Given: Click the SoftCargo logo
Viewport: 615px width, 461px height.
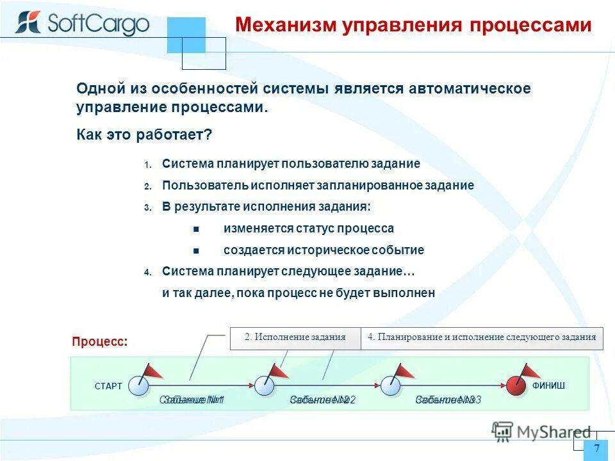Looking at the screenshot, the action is (82, 24).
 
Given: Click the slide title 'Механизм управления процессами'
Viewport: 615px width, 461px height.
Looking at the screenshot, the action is (413, 25).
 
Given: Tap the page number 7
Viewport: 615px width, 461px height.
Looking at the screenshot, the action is (596, 448).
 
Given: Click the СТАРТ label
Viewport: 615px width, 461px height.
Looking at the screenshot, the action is (108, 387).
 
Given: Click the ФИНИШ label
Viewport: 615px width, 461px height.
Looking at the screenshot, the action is (548, 385).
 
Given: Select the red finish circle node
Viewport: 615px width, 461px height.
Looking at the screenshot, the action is (516, 385).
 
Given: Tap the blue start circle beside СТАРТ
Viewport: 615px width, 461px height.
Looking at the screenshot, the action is (138, 385).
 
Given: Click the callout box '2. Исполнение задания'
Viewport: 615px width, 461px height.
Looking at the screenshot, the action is (295, 337).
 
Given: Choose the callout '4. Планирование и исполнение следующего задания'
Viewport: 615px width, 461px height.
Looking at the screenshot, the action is (482, 337).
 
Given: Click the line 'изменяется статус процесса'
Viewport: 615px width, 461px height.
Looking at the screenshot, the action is (308, 229).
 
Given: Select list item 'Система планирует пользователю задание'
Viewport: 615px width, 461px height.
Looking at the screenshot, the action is (291, 164).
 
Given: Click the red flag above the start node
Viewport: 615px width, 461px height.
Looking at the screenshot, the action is (152, 371).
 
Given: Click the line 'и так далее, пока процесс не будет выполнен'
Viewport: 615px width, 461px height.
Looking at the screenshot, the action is (299, 293).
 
